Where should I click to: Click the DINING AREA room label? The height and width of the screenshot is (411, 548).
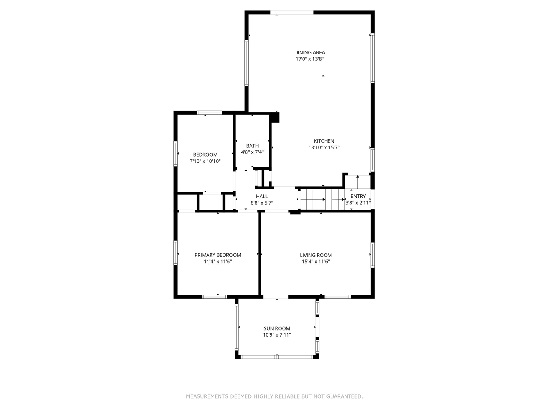309,53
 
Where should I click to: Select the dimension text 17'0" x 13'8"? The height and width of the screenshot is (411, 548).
309,59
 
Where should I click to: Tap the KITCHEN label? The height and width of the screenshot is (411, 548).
324,141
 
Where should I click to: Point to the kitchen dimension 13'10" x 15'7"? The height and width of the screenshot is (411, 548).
324,148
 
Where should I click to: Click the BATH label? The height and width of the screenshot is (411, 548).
252,146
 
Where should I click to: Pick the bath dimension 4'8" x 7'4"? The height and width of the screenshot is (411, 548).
252,152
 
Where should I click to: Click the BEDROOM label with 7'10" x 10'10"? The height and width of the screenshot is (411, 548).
205,155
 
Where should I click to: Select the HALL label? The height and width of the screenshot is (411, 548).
262,197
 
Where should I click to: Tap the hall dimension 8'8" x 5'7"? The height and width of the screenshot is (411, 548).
262,203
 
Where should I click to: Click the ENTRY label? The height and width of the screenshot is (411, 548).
358,196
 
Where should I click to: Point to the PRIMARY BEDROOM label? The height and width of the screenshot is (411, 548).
217,255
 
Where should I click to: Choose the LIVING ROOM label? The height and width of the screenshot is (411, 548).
316,255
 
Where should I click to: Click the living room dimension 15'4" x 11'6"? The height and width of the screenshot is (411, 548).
316,262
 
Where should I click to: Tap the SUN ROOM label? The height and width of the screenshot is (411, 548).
277,328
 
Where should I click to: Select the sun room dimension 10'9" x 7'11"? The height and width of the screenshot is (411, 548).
277,335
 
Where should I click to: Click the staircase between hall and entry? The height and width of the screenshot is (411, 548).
321,200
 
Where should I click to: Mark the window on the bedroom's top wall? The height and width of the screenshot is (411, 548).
209,113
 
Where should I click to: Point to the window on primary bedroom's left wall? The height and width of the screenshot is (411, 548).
176,253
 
